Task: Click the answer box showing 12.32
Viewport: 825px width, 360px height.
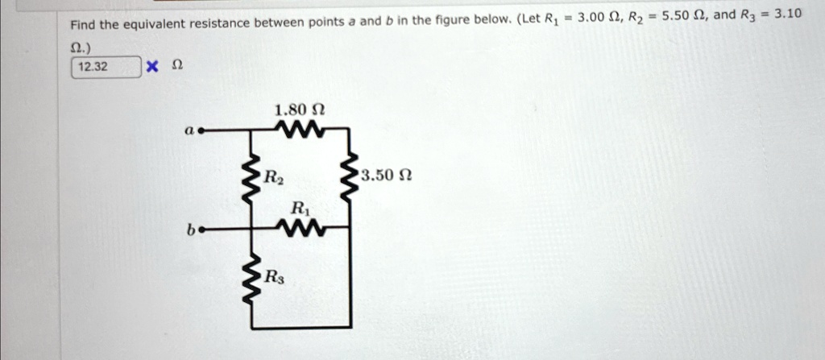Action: point(106,67)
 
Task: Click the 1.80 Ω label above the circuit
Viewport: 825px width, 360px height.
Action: point(300,109)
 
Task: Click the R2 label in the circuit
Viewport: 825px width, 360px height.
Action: point(276,175)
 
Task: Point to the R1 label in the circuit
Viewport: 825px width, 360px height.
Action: point(299,208)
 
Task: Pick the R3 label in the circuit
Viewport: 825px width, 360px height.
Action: point(276,277)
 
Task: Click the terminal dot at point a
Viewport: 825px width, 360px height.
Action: point(202,128)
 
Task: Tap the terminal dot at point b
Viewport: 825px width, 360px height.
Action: point(202,229)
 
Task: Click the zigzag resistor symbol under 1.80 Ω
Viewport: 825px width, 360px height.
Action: point(299,128)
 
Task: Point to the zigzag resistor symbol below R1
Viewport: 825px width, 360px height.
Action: point(299,228)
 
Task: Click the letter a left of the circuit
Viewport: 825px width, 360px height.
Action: point(188,128)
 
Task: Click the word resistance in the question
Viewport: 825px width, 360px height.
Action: point(219,24)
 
